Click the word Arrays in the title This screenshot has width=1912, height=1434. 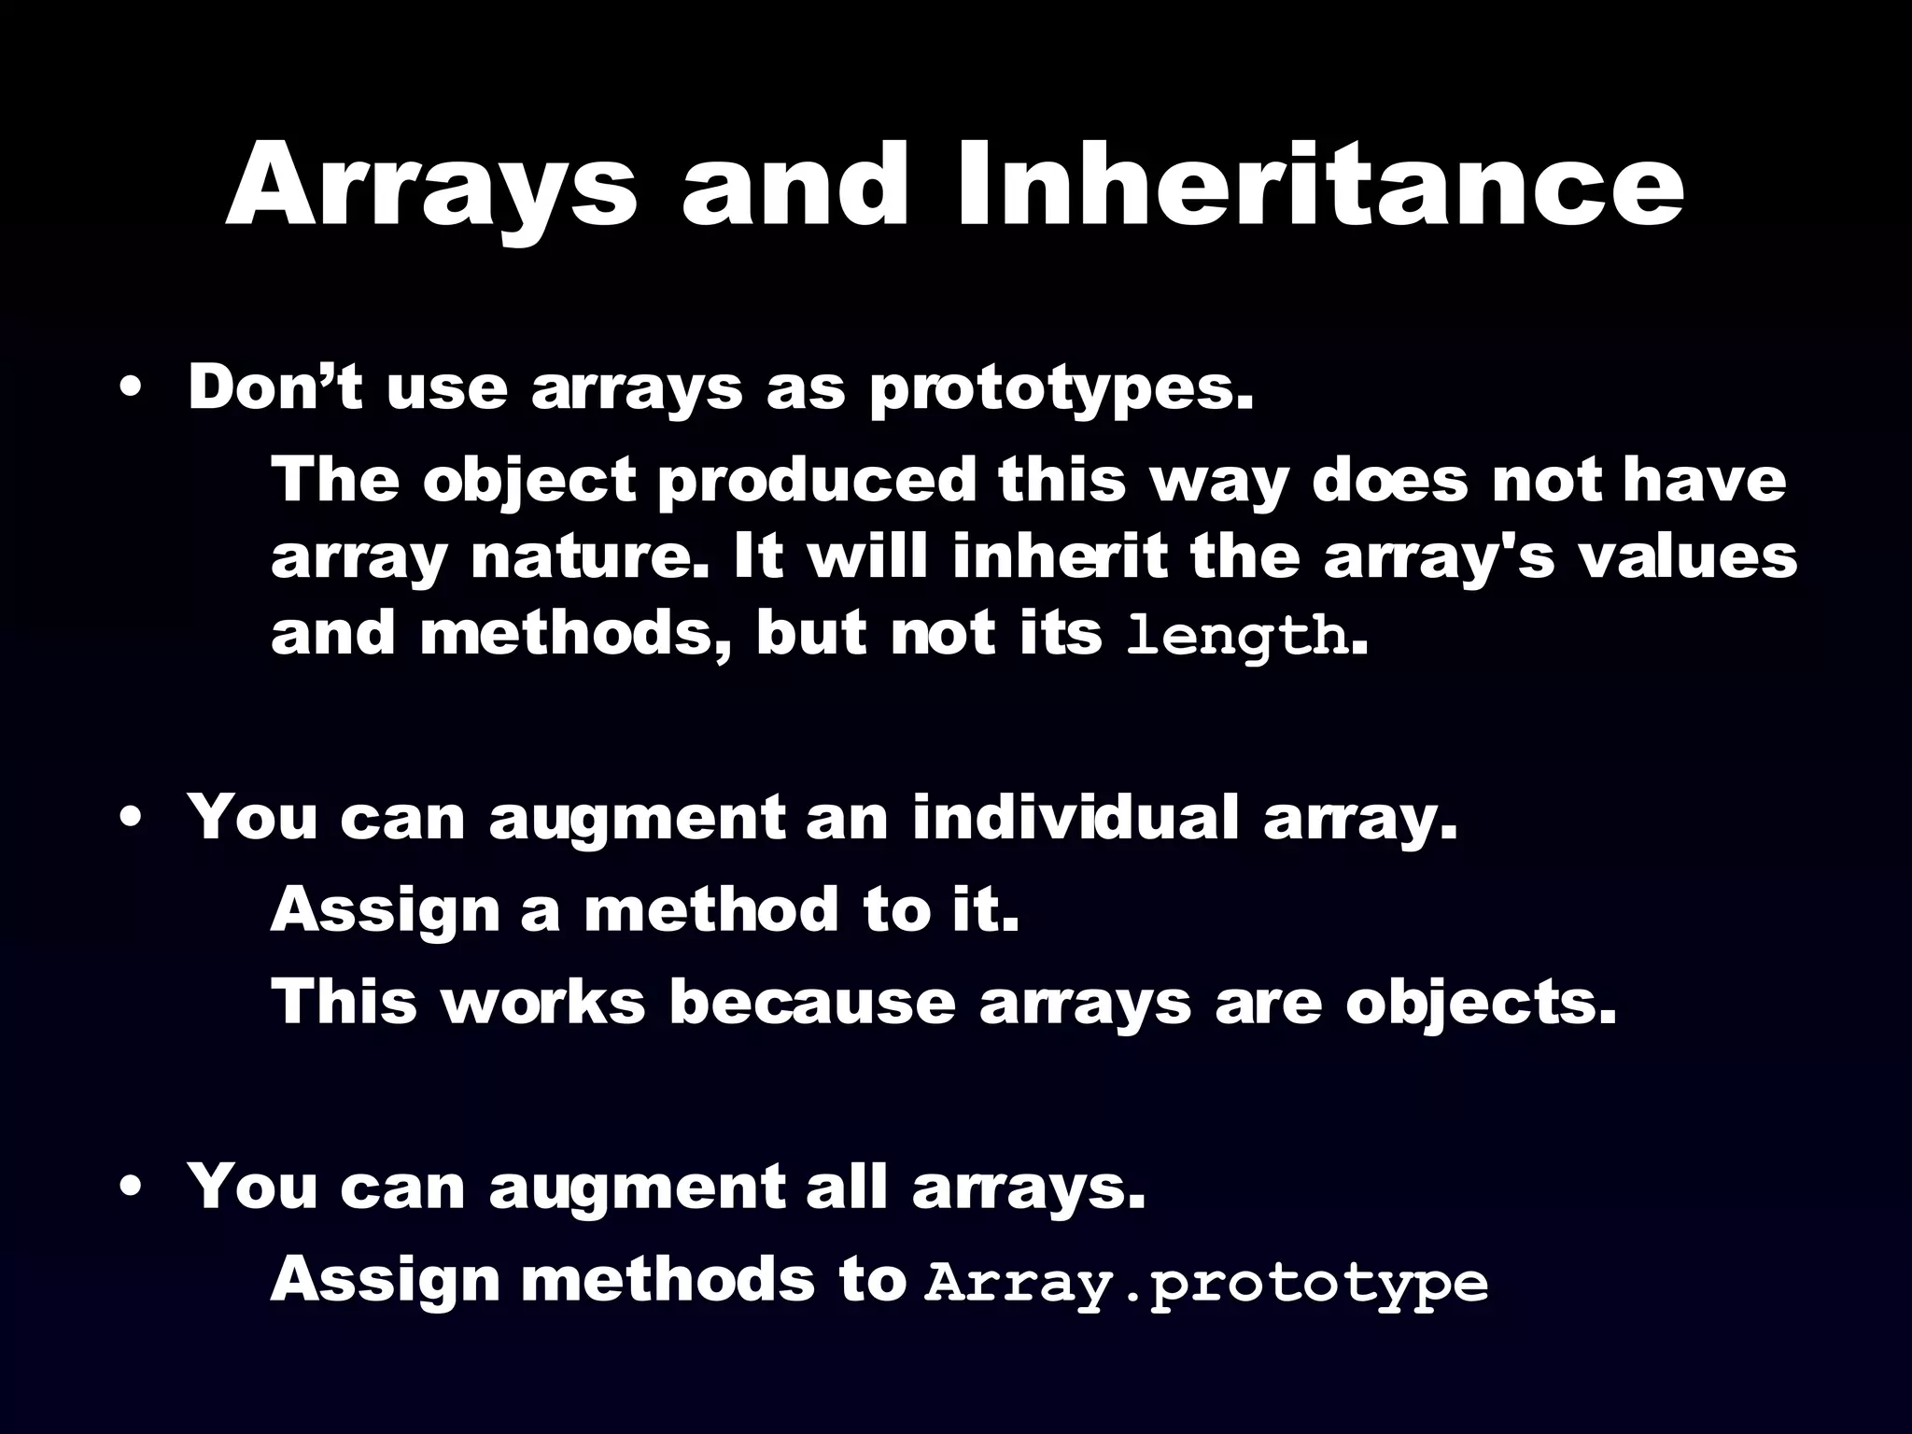pos(431,187)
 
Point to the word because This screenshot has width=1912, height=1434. pos(812,1002)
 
